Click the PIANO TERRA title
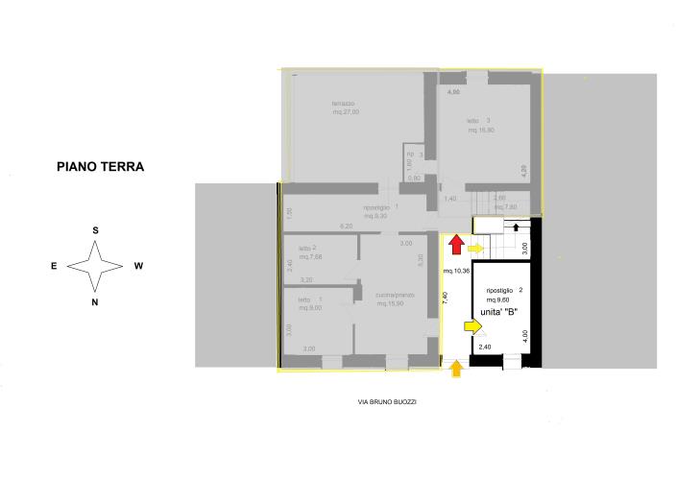click(100, 166)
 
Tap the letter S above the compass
click(96, 230)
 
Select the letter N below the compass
click(95, 301)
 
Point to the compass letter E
click(55, 266)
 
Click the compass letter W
click(138, 266)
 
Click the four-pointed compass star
click(95, 266)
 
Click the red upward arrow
click(457, 245)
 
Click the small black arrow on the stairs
click(518, 228)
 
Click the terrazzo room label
click(344, 104)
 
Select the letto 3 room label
click(479, 120)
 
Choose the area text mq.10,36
click(456, 272)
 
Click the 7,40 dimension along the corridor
click(445, 298)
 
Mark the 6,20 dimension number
click(347, 227)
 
